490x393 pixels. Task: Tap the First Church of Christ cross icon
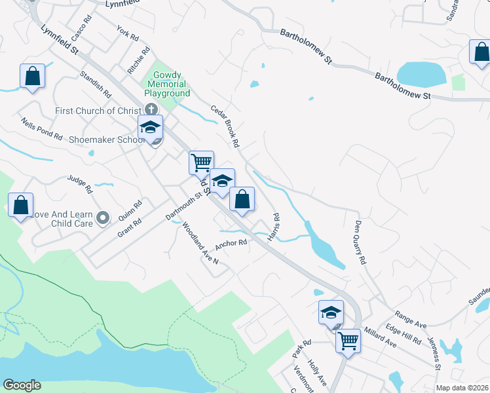[151, 110]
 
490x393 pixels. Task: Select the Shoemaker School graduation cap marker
[150, 128]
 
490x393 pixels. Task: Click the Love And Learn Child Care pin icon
[103, 217]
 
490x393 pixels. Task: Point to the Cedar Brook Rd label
[225, 125]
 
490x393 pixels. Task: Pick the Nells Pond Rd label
[41, 129]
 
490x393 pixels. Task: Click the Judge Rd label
[80, 184]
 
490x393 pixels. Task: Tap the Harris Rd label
[276, 225]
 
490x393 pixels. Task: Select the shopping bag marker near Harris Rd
[242, 199]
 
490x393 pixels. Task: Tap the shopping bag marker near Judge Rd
[21, 205]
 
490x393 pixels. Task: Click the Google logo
[22, 385]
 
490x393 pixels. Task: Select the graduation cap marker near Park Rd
[331, 312]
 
